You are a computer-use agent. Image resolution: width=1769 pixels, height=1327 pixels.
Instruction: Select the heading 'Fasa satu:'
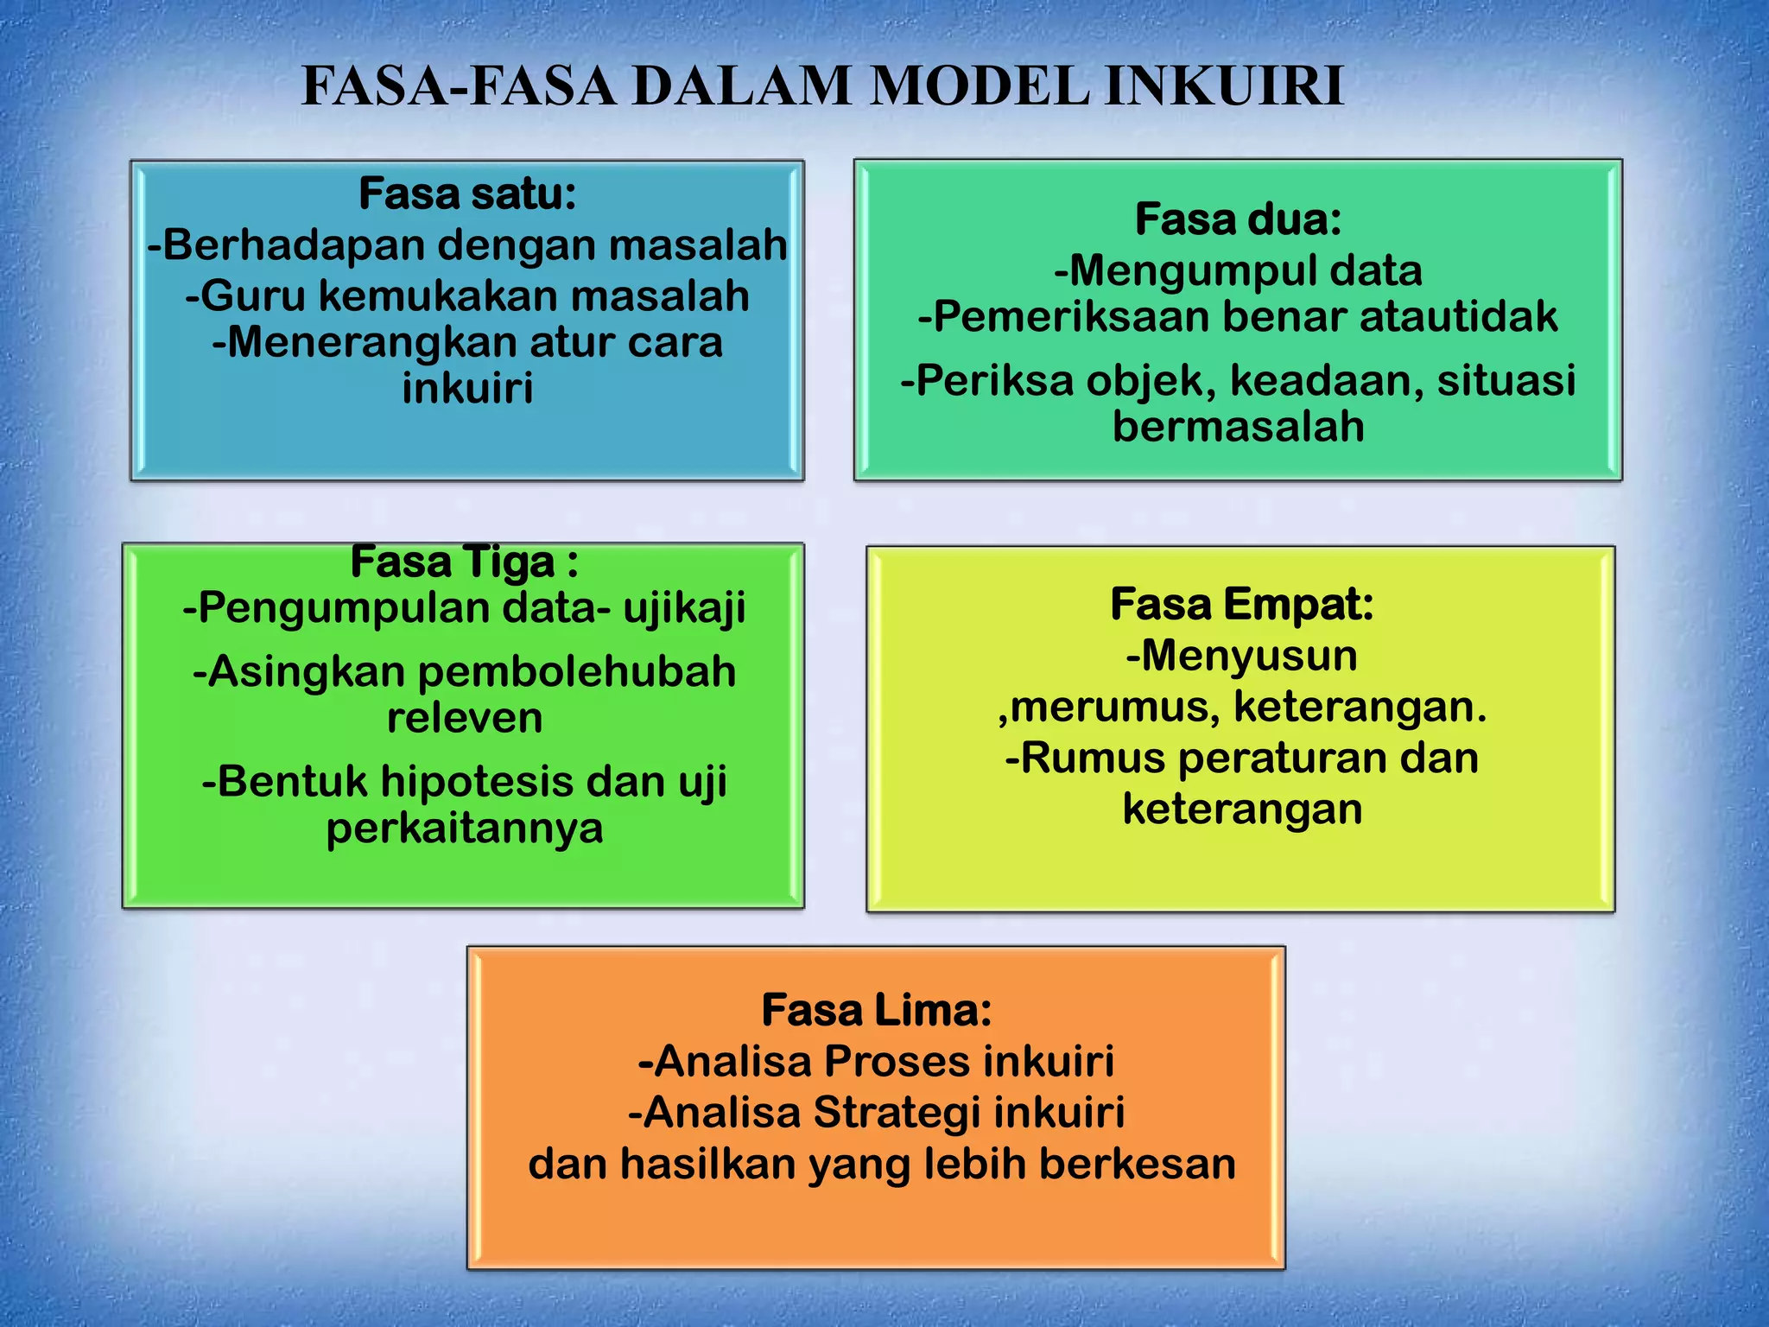467,194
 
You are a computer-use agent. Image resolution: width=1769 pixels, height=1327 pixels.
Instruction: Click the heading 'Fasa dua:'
1238,219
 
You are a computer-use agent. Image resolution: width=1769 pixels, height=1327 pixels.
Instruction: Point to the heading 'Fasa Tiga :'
464,562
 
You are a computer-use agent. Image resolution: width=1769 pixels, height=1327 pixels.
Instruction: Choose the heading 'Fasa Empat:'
1241,604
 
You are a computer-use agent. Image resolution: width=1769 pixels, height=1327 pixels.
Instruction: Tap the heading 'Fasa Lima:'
876,1010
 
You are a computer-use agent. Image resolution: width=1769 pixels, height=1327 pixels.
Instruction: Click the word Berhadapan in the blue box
293,245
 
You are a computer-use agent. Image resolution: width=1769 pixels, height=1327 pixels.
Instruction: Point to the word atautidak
1459,317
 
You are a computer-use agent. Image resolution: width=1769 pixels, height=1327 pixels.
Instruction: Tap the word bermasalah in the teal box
1238,427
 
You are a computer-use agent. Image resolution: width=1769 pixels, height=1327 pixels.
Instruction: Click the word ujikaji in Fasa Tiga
684,609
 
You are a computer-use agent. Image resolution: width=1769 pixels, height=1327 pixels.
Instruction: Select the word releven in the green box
465,719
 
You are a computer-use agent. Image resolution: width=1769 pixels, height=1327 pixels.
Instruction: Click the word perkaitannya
465,829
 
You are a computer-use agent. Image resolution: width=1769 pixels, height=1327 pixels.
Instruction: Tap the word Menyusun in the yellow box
1249,656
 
